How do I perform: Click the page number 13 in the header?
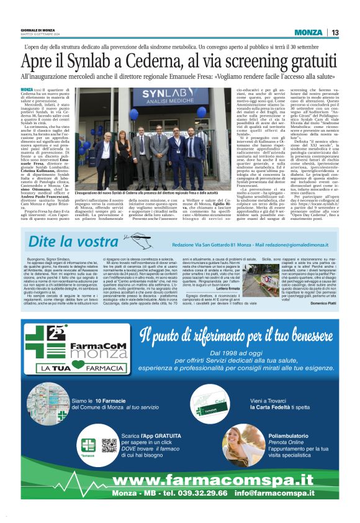pos(335,32)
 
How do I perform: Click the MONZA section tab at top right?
pos(308,32)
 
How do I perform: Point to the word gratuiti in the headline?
pos(308,61)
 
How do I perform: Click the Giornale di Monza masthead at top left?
pos(38,29)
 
